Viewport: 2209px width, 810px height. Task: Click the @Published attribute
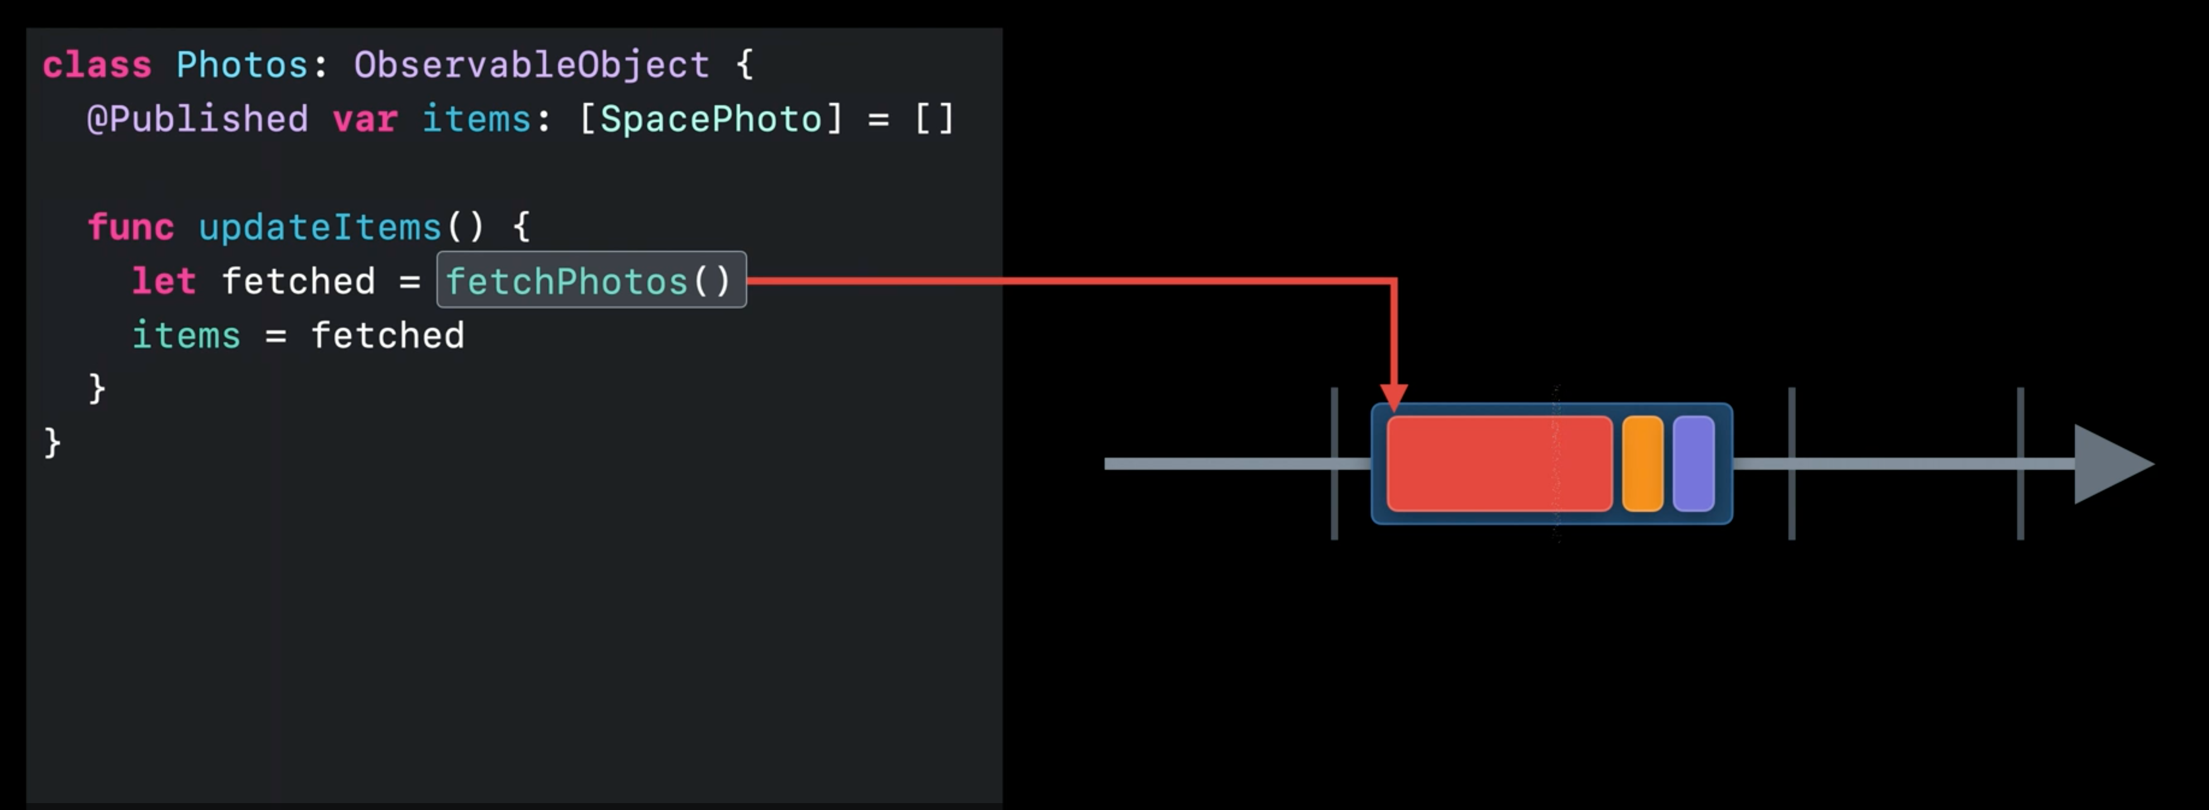click(197, 119)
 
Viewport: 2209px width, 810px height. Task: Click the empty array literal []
click(934, 119)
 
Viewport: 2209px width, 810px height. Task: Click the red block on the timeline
click(1498, 464)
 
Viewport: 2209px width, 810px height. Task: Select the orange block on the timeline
click(1642, 464)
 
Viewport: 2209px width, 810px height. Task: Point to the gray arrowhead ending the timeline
click(2109, 464)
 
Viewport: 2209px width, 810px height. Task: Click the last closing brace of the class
click(52, 443)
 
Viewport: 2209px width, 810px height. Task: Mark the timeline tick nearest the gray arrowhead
click(2020, 464)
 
